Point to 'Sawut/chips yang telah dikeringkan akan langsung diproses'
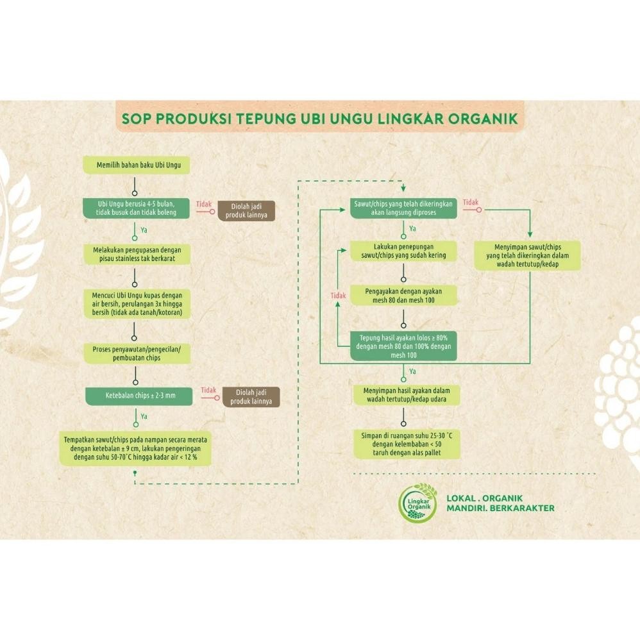tap(403, 207)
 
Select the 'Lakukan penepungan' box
tap(403, 250)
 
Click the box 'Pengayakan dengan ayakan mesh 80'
tap(403, 295)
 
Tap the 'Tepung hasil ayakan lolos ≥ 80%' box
tap(403, 346)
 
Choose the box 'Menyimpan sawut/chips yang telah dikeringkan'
tap(528, 255)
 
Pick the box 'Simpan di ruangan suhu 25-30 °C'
tap(407, 444)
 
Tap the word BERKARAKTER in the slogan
tap(522, 509)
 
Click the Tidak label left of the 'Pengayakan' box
tap(338, 296)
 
